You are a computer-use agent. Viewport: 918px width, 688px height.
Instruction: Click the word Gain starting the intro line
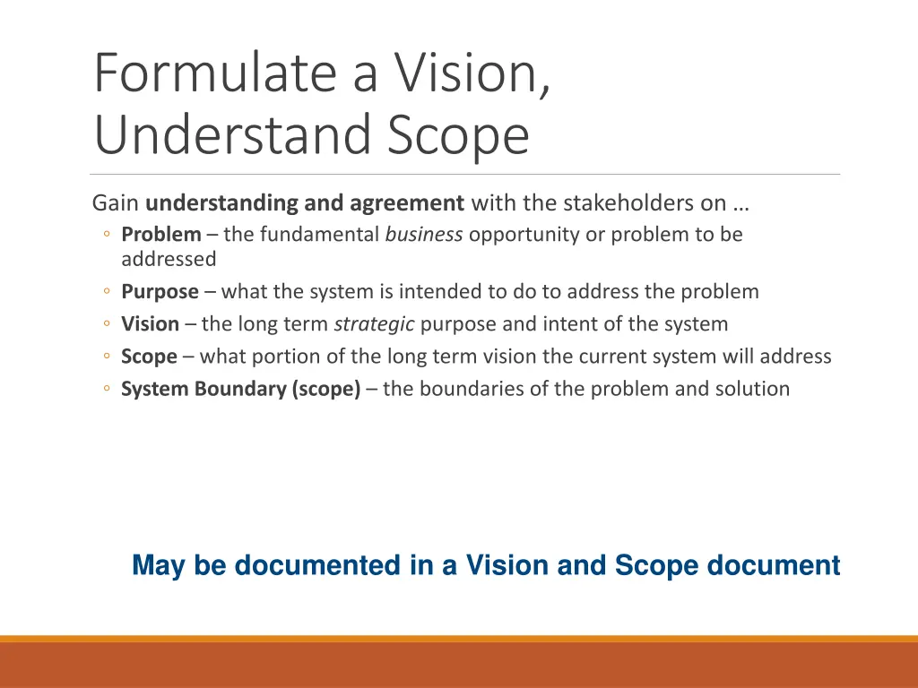coord(116,203)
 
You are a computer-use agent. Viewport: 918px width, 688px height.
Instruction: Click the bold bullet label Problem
coord(161,235)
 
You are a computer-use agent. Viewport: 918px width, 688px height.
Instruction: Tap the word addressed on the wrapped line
coord(169,259)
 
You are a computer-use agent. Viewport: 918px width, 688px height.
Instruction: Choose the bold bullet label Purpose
coord(160,292)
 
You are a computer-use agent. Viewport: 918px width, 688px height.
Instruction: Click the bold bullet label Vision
coord(150,324)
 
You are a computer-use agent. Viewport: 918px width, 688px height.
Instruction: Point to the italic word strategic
coord(374,324)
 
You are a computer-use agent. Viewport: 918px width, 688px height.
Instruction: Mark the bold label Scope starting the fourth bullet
coord(149,357)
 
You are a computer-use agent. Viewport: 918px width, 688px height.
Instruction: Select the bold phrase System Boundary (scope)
coord(241,389)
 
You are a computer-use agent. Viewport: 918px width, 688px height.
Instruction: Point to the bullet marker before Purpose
coord(106,292)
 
